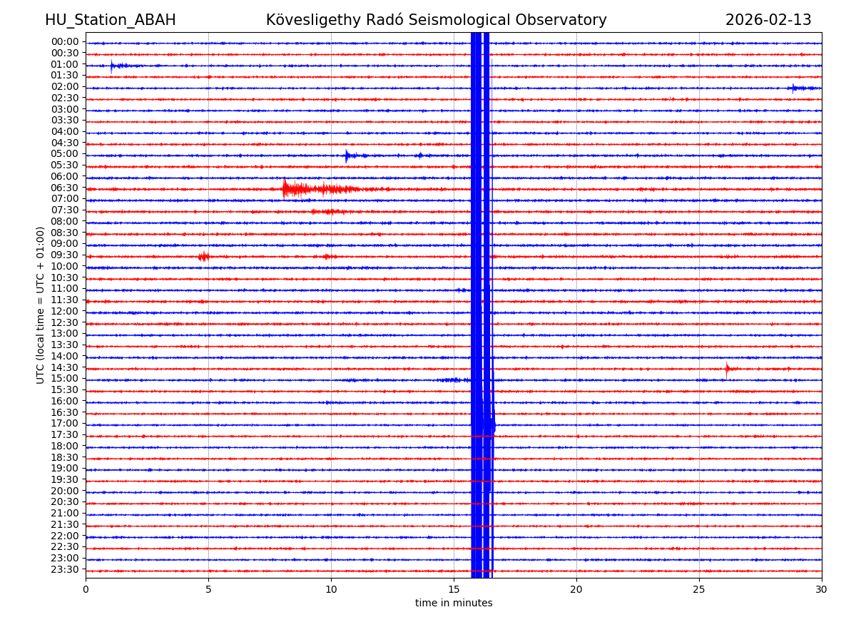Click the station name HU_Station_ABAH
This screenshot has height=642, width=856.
[110, 20]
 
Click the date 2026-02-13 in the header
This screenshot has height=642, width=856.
[768, 20]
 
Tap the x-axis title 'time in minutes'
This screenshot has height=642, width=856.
[454, 603]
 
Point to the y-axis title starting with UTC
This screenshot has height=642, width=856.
[41, 305]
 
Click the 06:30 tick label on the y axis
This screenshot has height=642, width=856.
[65, 188]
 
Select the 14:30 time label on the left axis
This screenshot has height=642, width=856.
[65, 367]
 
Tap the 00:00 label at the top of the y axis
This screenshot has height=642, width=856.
[65, 41]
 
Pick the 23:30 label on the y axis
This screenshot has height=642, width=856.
[65, 569]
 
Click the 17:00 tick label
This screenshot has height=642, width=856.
[65, 423]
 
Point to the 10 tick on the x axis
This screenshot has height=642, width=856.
[331, 589]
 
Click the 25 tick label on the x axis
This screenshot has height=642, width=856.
[699, 589]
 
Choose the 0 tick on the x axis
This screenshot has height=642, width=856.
[86, 589]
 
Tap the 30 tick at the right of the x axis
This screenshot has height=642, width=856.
[822, 589]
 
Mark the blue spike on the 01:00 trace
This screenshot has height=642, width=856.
[112, 66]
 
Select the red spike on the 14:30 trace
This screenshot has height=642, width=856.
[727, 369]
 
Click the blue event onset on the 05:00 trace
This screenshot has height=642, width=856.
[347, 156]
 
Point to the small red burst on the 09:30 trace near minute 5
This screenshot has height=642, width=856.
[204, 256]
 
